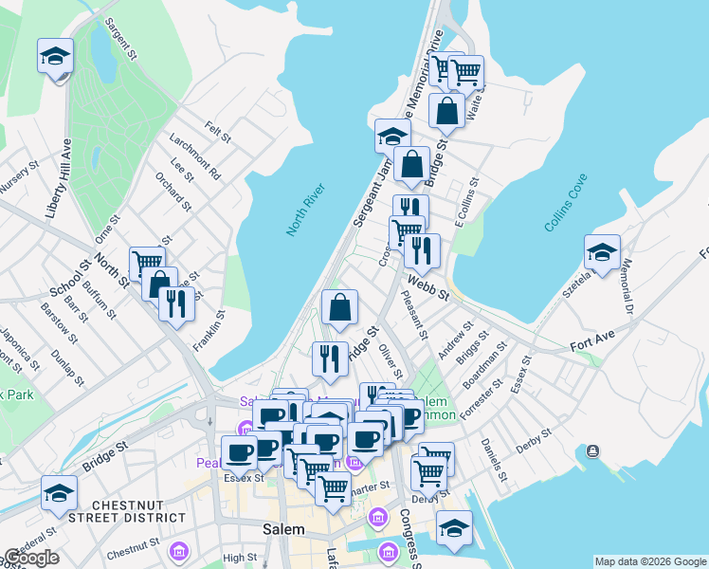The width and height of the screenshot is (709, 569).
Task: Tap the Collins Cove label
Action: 566,203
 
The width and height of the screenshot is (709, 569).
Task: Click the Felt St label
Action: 218,131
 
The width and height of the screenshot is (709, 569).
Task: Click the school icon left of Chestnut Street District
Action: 59,493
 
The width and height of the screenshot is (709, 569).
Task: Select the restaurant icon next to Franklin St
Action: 177,303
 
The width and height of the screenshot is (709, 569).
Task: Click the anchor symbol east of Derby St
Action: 594,450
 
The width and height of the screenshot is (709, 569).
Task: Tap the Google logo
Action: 31,559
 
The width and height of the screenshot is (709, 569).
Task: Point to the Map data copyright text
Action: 650,561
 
